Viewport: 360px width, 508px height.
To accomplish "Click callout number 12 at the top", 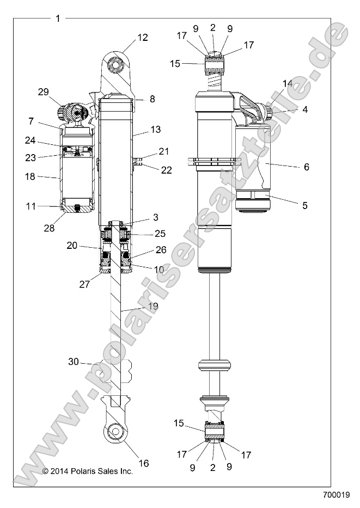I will [142, 38].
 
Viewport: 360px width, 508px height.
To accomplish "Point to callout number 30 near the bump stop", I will [74, 362].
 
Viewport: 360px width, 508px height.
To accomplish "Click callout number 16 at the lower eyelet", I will [144, 463].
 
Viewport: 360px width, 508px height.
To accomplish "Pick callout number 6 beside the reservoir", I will [306, 167].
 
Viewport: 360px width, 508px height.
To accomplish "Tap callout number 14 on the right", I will [288, 83].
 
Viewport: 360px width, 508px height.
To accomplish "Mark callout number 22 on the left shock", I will [166, 170].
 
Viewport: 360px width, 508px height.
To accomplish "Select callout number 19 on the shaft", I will [153, 307].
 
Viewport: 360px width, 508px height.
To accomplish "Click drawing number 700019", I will [336, 495].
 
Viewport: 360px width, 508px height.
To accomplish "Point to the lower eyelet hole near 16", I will [116, 433].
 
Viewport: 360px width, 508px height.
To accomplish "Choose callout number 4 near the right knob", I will [305, 109].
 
